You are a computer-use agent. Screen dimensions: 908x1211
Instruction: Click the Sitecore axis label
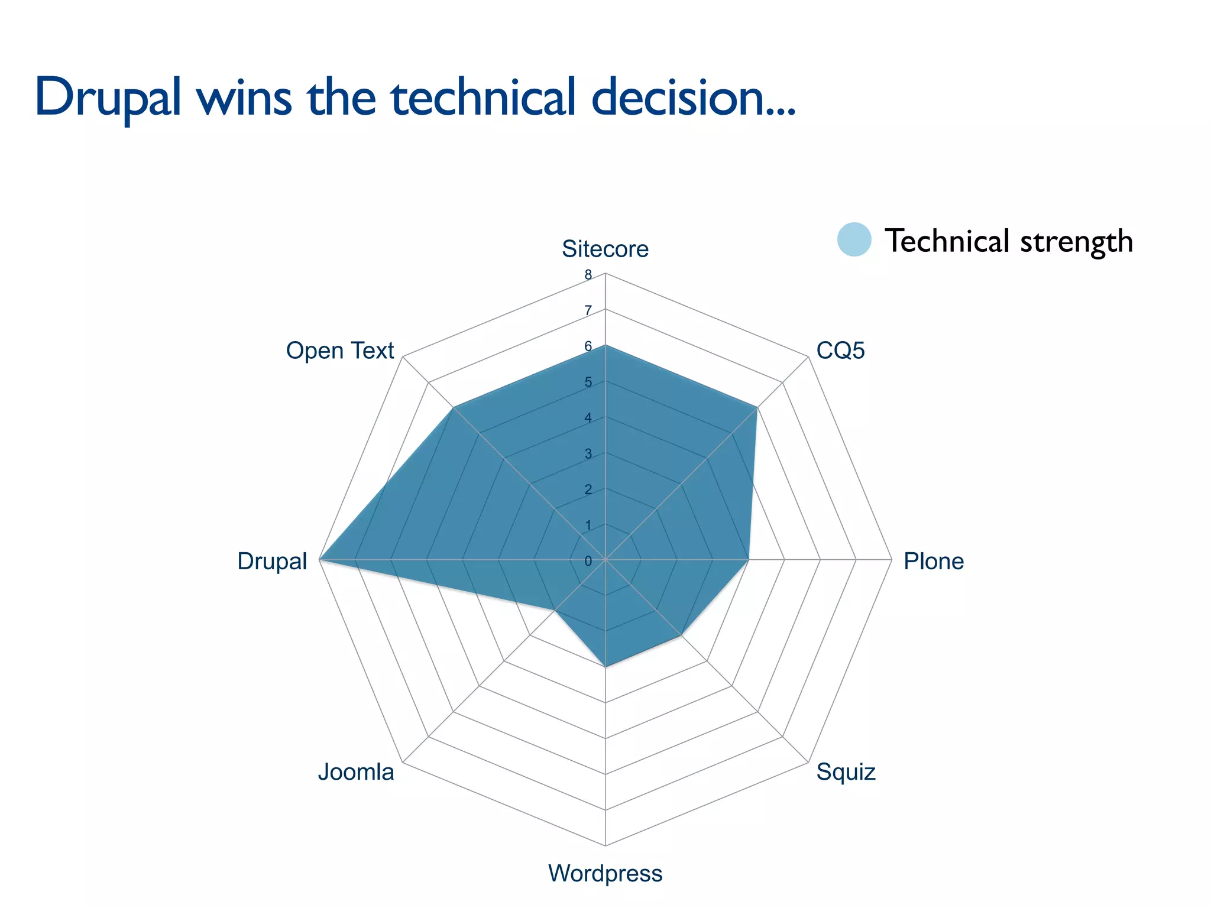[x=605, y=249]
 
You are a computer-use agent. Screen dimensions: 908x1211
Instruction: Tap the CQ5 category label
[x=840, y=351]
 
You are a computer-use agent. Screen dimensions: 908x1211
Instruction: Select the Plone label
[x=933, y=561]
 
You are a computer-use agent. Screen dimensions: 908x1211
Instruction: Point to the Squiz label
[x=846, y=772]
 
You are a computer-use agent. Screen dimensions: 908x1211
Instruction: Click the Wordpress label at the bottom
[x=605, y=873]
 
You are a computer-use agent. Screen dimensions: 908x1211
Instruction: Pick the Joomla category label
[x=356, y=772]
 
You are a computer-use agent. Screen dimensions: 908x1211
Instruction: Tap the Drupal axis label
[x=272, y=561]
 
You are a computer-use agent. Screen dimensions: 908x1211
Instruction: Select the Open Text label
[x=339, y=351]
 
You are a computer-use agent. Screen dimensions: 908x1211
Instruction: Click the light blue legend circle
[x=854, y=240]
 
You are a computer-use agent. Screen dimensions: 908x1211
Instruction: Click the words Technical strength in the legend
[x=1009, y=241]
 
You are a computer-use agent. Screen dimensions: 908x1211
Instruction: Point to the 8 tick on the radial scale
[x=588, y=275]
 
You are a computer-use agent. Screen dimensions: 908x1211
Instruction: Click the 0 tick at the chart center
[x=588, y=561]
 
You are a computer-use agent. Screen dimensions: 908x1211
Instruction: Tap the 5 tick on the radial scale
[x=588, y=382]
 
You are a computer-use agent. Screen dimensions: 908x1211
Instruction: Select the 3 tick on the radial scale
[x=588, y=454]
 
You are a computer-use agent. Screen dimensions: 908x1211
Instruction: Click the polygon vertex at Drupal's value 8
[x=320, y=559]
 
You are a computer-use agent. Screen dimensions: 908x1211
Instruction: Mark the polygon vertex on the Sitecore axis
[x=605, y=345]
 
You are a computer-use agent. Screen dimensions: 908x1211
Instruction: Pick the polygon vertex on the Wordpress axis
[x=605, y=666]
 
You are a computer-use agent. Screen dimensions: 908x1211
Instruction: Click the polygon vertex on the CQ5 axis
[x=757, y=407]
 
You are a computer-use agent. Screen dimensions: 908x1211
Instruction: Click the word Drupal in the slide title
[x=108, y=98]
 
